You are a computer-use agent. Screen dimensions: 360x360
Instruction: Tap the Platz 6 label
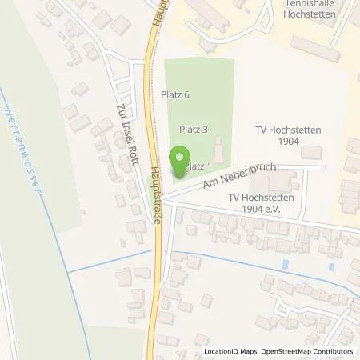click(174, 94)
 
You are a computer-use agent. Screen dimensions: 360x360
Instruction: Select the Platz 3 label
click(194, 129)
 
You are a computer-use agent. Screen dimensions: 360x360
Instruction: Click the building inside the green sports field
click(218, 149)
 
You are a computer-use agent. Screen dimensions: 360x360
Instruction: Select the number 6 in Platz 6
click(186, 94)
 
